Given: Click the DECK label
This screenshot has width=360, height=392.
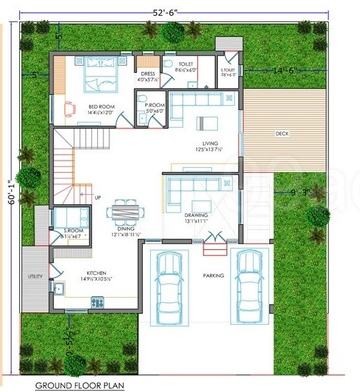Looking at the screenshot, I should (x=282, y=134).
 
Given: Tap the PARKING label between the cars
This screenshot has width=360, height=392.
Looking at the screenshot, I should (x=213, y=276).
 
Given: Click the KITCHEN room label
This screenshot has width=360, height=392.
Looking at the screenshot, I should (x=97, y=273).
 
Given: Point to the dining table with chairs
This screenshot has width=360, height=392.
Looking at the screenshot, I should (x=126, y=212).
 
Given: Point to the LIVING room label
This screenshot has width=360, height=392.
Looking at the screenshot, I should (x=209, y=144).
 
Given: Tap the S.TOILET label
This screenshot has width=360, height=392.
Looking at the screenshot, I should (x=229, y=69).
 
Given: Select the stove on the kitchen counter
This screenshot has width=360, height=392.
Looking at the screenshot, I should (x=96, y=303).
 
